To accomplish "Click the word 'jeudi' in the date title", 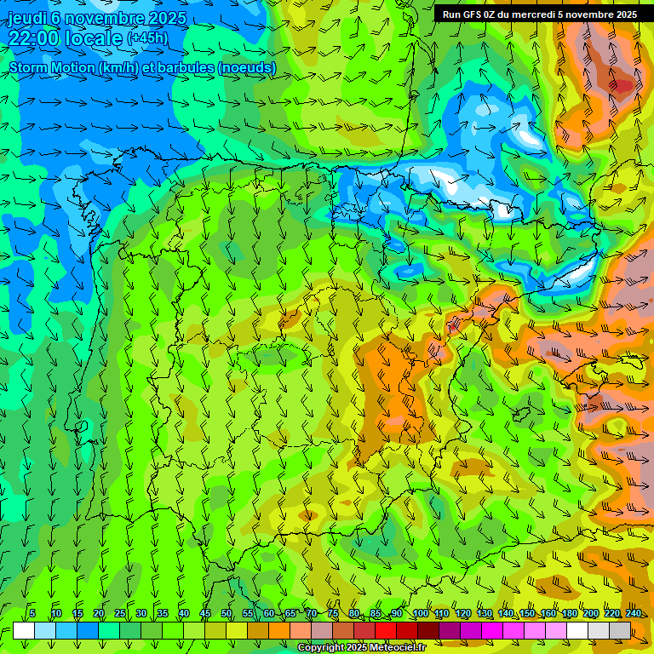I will click(27, 18).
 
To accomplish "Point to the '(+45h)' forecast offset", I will click(147, 38).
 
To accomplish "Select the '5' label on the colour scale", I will click(32, 613).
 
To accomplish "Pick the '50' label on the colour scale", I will click(227, 613).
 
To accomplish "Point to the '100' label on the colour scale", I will click(420, 613).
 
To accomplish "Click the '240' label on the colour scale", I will click(634, 613).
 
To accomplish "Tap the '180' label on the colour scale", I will click(569, 613).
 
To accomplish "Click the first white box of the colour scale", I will click(24, 630).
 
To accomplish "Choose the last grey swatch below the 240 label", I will click(620, 630).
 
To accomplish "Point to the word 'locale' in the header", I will click(93, 38).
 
